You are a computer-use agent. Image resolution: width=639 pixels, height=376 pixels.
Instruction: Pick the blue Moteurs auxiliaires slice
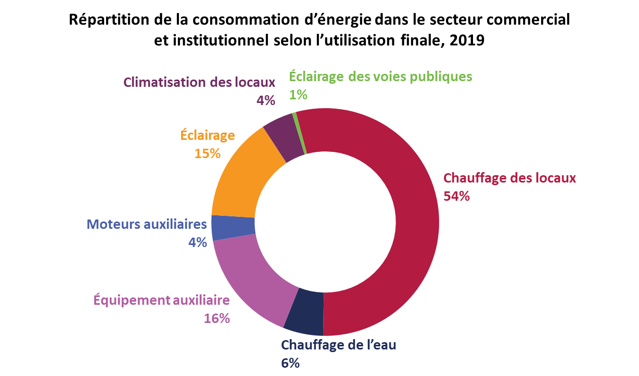[233, 227]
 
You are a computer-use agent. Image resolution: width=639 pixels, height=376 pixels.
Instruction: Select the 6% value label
[290, 363]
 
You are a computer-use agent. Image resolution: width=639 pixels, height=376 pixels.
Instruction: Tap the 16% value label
[216, 318]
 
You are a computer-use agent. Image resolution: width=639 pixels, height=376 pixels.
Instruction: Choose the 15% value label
[208, 153]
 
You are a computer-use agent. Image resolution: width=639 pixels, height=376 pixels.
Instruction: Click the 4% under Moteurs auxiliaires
[198, 242]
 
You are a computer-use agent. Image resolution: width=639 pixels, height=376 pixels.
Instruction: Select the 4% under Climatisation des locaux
[265, 100]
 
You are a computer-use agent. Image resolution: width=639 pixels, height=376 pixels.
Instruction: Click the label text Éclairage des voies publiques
[380, 76]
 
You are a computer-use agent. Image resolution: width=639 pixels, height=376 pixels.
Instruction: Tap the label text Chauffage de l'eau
[339, 345]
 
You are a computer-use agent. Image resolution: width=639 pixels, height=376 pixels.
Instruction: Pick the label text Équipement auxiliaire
[161, 300]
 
